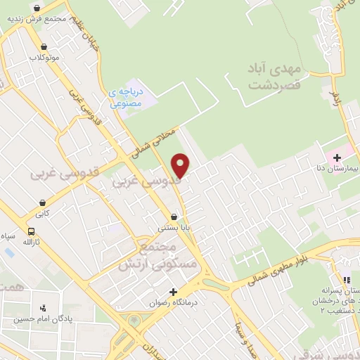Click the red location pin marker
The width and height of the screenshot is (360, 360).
pos(181,165)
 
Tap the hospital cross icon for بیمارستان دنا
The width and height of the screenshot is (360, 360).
pos(336,157)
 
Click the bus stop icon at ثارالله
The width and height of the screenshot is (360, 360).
pos(31,231)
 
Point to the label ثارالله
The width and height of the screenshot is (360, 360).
pos(32,243)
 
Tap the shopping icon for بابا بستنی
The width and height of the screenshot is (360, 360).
pos(173,217)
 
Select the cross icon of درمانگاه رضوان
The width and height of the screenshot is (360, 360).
pos(173,292)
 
